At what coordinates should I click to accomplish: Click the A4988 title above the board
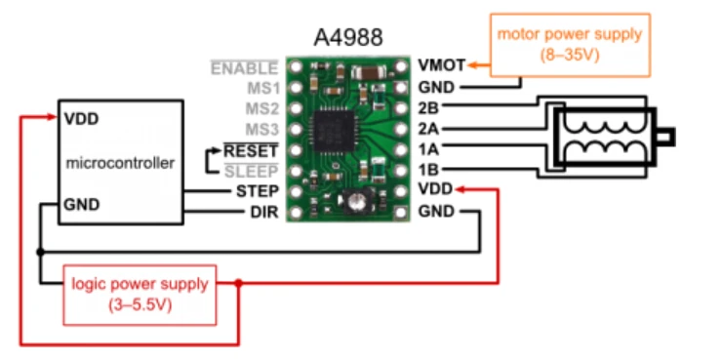[348, 37]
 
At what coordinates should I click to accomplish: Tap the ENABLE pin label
[244, 68]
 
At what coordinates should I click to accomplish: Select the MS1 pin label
[262, 88]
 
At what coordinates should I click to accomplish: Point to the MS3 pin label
[262, 130]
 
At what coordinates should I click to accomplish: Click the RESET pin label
[252, 150]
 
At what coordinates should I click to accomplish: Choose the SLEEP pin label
[252, 172]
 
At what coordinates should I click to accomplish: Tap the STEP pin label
[258, 191]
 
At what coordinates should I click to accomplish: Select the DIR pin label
[264, 212]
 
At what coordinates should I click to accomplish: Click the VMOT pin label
[441, 65]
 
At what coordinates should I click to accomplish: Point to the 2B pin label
[428, 108]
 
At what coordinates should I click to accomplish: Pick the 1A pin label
[428, 149]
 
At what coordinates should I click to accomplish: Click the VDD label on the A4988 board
[436, 189]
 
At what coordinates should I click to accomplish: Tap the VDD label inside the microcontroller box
[81, 119]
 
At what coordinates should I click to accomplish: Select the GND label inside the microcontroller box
[82, 204]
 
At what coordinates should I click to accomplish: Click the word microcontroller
[120, 163]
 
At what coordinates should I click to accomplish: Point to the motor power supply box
[570, 45]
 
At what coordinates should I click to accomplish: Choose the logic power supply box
[140, 295]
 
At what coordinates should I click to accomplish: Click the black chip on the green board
[334, 131]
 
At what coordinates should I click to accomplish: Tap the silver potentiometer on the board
[356, 202]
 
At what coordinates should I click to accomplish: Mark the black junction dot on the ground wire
[41, 252]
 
